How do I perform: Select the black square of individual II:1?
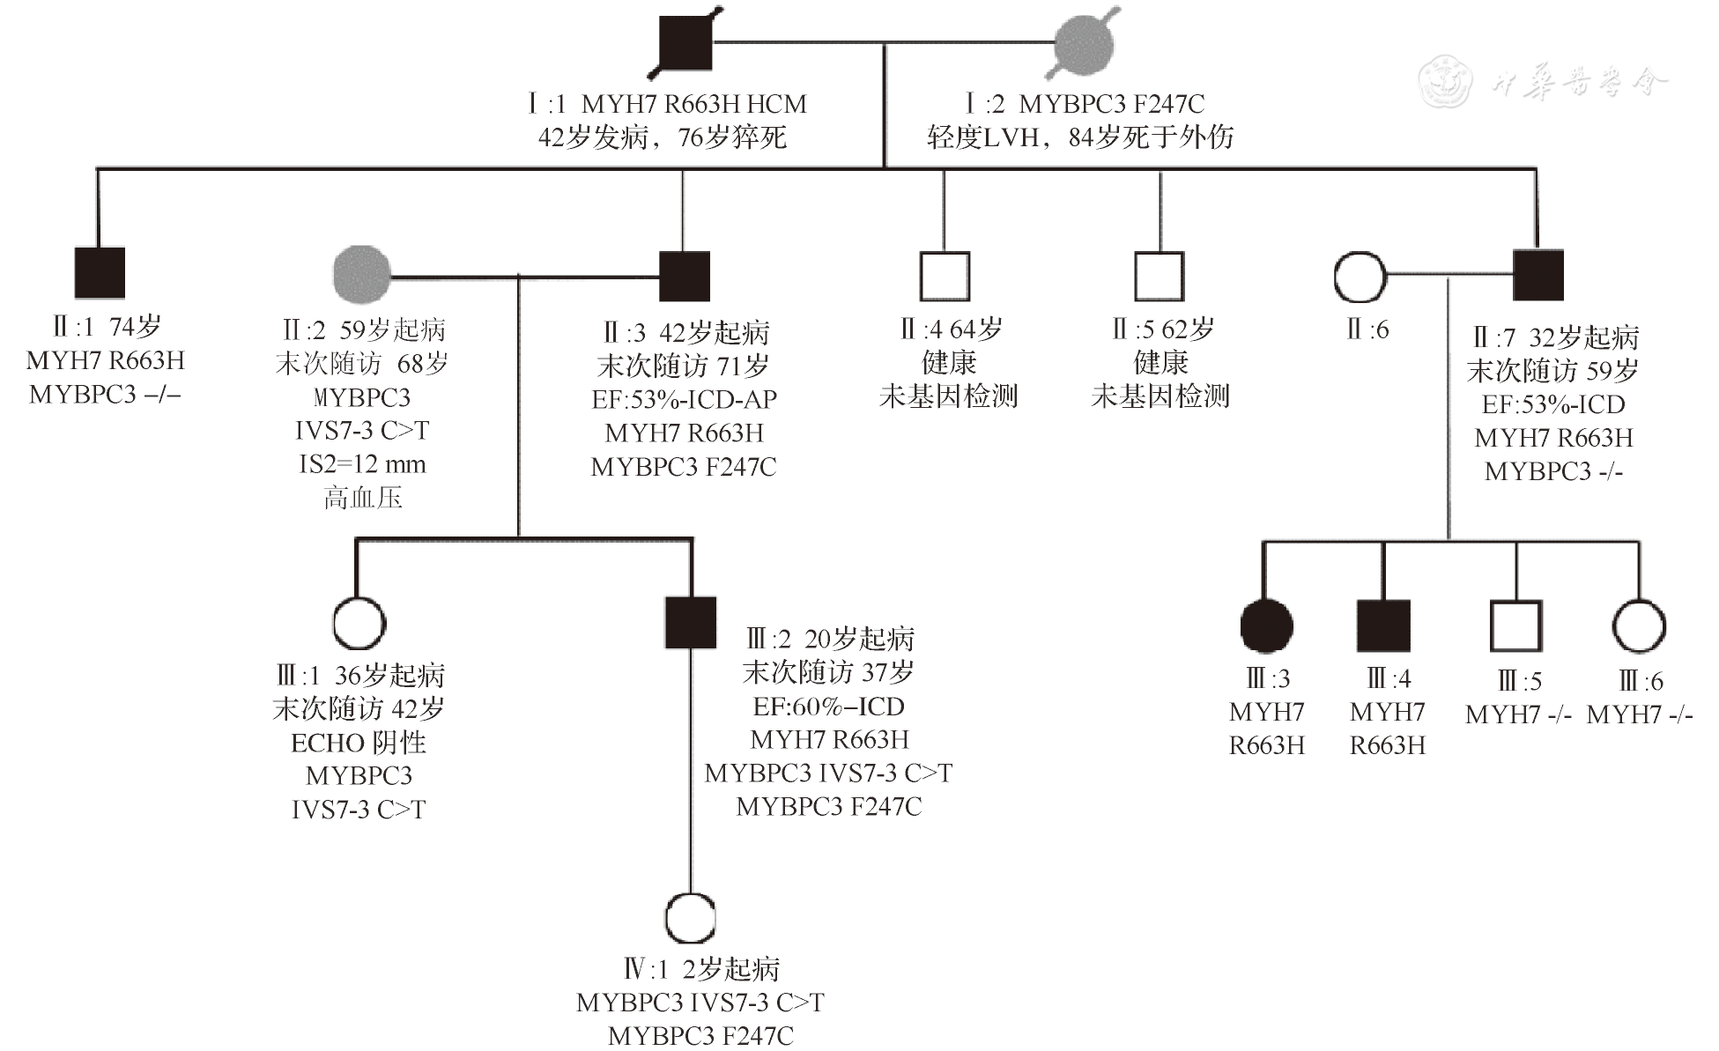click(100, 273)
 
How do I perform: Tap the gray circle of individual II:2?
click(362, 274)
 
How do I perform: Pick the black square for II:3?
click(685, 276)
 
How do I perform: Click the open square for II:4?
click(945, 276)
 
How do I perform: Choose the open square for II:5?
click(1159, 276)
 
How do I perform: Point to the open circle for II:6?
click(1360, 276)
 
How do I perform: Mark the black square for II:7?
click(1538, 275)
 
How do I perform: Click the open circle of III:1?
click(359, 623)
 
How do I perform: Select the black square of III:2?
click(691, 623)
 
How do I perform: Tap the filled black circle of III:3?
click(1266, 625)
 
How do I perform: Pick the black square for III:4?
click(1383, 625)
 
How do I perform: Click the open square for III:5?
click(1515, 625)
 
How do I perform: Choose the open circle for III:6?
click(1639, 625)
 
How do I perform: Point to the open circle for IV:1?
click(690, 918)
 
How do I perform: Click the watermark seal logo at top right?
click(1445, 81)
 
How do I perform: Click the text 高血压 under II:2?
click(363, 498)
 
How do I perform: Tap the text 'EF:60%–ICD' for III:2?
click(828, 707)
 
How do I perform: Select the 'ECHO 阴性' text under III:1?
click(359, 743)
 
